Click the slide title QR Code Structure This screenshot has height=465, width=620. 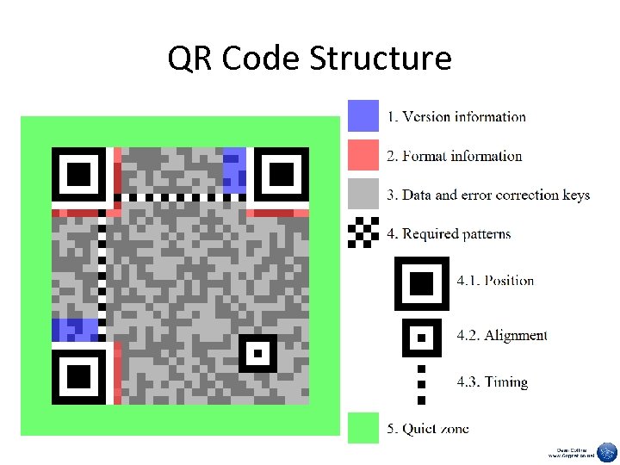coord(309,59)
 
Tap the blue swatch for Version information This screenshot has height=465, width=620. coord(363,116)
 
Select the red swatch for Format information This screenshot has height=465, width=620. coord(363,155)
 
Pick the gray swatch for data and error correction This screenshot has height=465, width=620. coord(363,195)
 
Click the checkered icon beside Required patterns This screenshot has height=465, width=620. coord(363,232)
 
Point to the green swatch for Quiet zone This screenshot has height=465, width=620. coord(363,428)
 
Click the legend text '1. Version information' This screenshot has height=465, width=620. coord(456,117)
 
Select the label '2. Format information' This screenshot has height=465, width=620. coord(454,156)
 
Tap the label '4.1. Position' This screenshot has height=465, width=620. coord(495,281)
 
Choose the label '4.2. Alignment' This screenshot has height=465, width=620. coord(502,335)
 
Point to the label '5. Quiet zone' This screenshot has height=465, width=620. coord(427,429)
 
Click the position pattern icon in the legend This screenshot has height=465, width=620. coord(422,282)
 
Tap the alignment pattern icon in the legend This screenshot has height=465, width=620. coord(422,337)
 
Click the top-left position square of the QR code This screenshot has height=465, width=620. coord(78,175)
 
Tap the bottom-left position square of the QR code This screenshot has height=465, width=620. coord(78,376)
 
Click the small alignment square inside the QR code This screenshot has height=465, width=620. coord(257,353)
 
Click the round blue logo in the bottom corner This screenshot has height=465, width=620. coord(607,452)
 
